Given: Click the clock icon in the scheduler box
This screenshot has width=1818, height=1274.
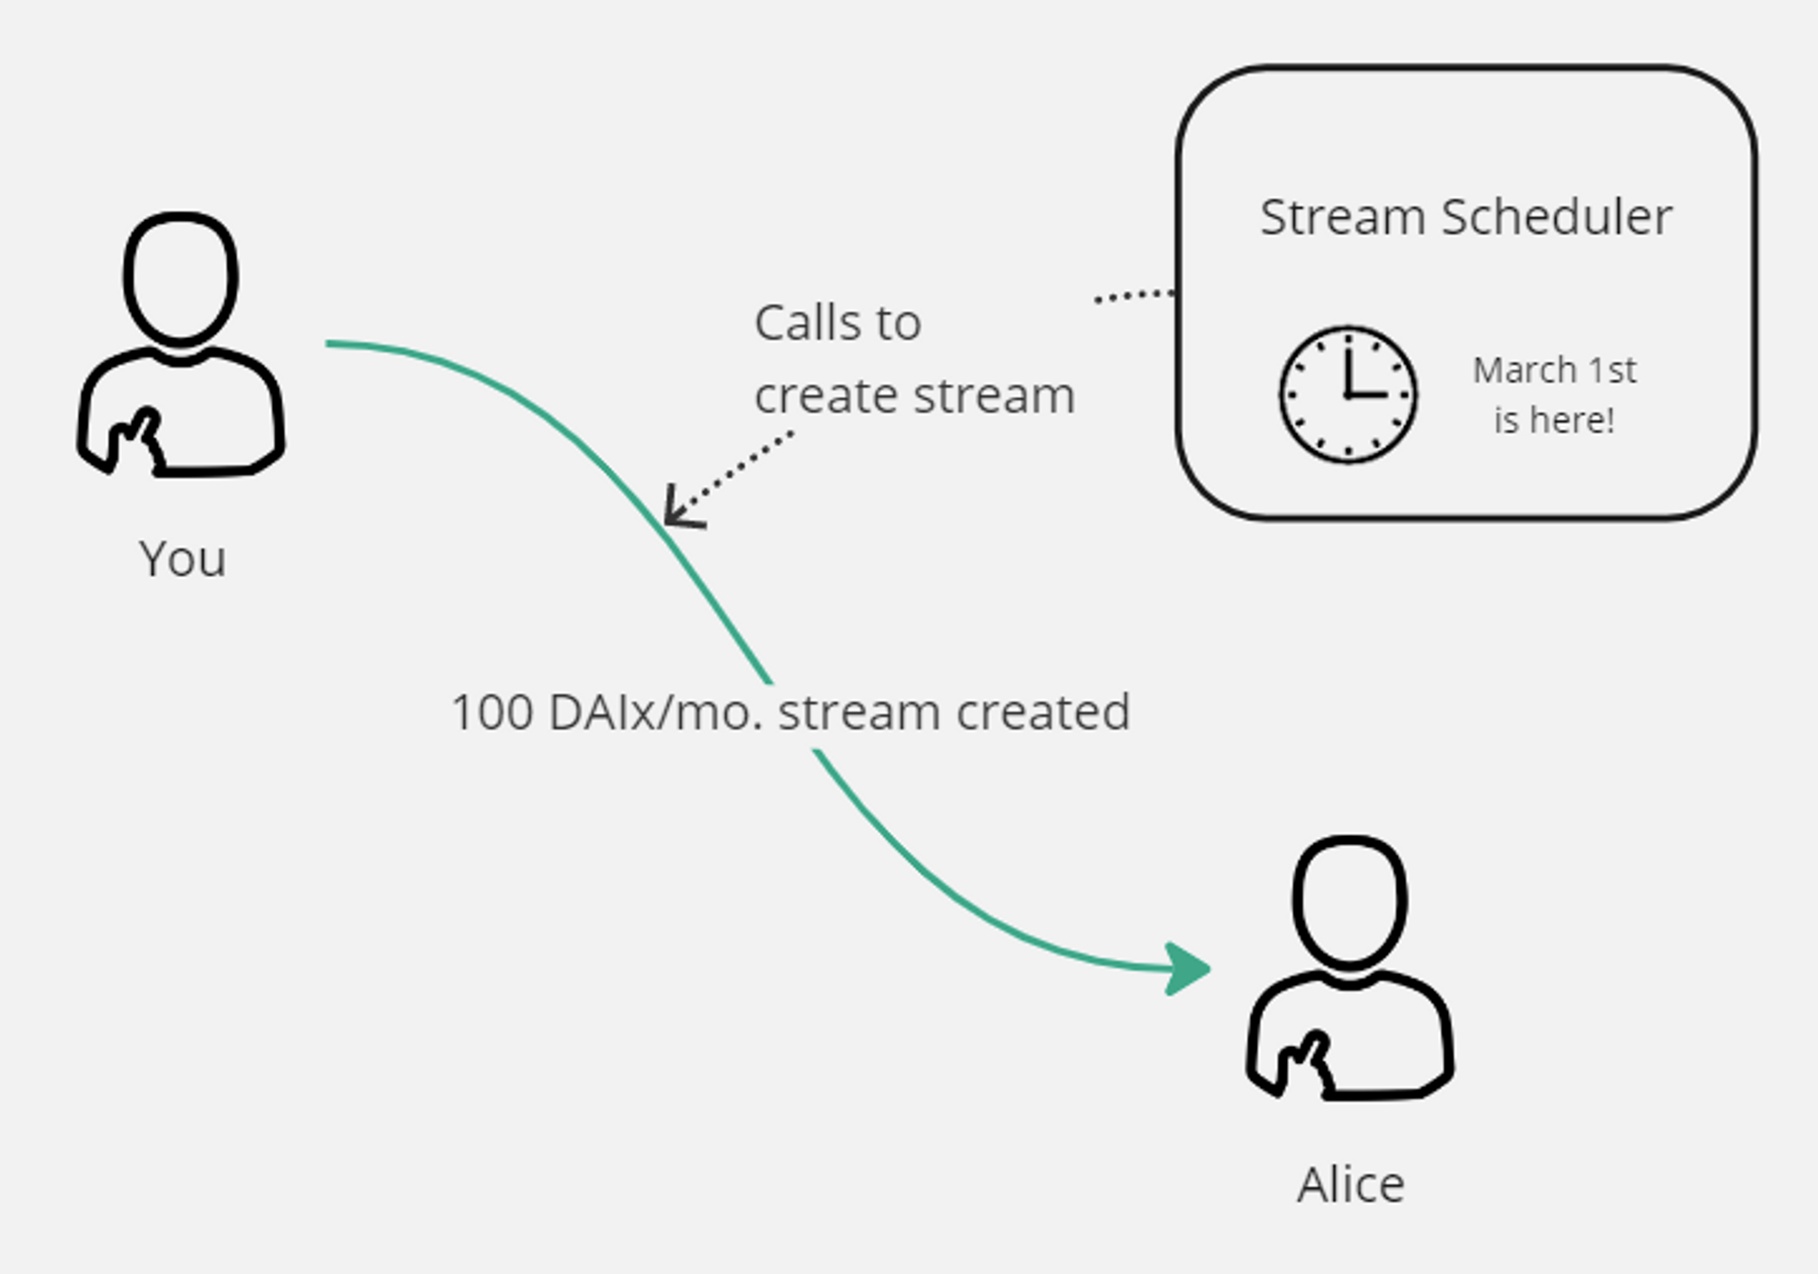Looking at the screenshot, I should pos(1348,395).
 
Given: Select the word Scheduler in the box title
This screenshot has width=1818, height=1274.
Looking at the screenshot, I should pos(1556,218).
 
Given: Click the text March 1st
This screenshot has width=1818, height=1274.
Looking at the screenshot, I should pos(1554,371).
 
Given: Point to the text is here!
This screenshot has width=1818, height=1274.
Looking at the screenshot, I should pos(1554,421).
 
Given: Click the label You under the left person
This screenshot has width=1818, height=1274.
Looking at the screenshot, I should pos(183,558).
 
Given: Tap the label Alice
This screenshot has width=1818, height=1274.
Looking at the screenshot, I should pos(1351,1185).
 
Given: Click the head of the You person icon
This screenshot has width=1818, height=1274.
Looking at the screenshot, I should pos(181,278).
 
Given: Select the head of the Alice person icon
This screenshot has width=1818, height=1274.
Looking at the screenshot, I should pos(1350,901).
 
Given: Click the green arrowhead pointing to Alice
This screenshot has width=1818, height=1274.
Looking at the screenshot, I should pos(1186,970).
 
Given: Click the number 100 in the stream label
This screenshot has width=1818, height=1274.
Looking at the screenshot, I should pos(492,712).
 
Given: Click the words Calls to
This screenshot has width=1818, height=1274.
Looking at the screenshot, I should pos(837,323).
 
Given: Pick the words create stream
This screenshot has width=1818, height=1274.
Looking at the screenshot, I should pos(914,396).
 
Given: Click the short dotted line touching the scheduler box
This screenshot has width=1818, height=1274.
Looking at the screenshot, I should pos(1134,295).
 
